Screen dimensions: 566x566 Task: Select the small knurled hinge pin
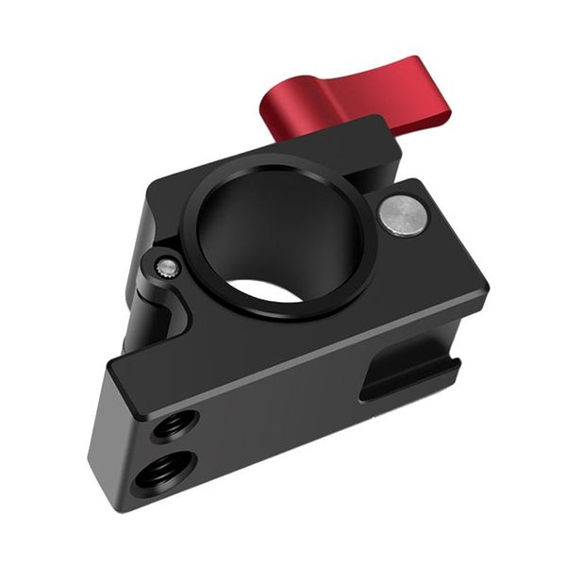tap(167, 269)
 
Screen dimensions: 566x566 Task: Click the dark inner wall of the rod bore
tap(236, 226)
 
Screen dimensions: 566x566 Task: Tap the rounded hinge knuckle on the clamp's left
tap(151, 302)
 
